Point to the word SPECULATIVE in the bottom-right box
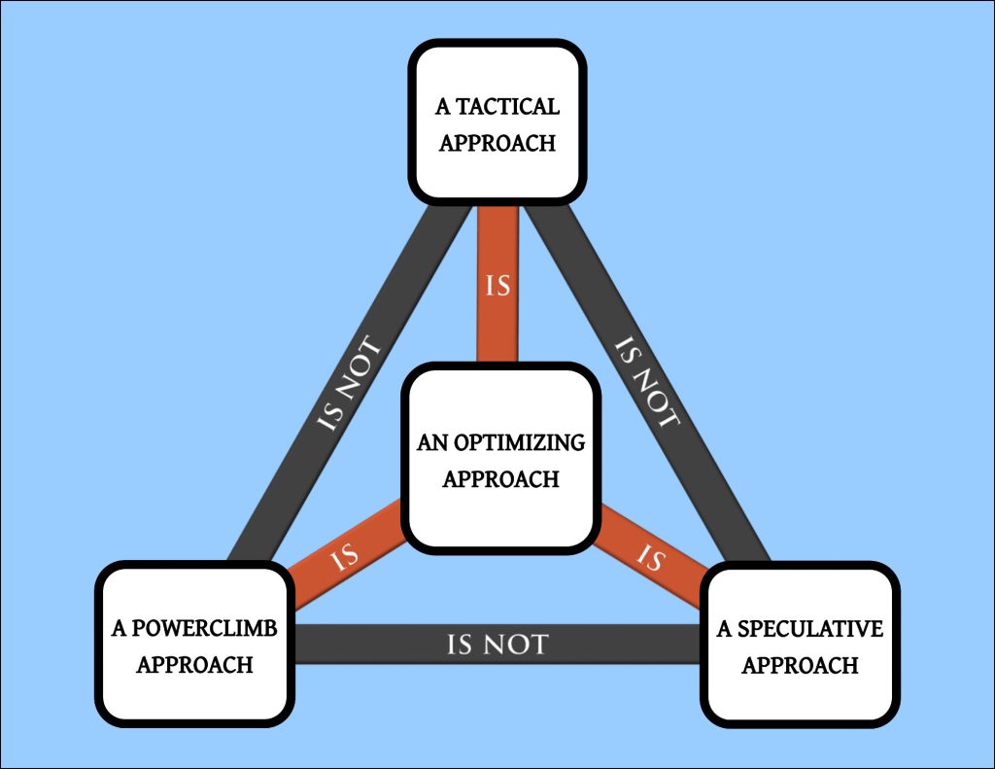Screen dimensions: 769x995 tap(811, 629)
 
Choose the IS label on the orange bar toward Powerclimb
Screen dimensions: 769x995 tap(344, 559)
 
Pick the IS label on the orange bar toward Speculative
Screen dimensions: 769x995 tap(650, 559)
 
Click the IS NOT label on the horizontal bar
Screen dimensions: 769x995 tap(497, 644)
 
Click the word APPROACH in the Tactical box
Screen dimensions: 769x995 tap(497, 142)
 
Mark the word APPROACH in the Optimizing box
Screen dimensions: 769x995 tap(501, 479)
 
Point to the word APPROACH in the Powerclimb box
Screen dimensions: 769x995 tap(194, 665)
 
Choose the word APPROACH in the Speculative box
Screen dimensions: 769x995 tap(800, 665)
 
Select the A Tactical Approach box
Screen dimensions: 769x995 tap(497, 122)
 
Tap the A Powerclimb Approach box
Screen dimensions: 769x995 tap(194, 644)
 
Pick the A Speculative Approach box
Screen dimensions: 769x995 tap(800, 644)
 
